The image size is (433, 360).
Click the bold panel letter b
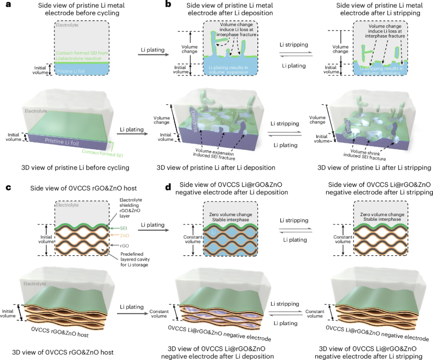coord(168,5)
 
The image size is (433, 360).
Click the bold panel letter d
coord(168,187)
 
